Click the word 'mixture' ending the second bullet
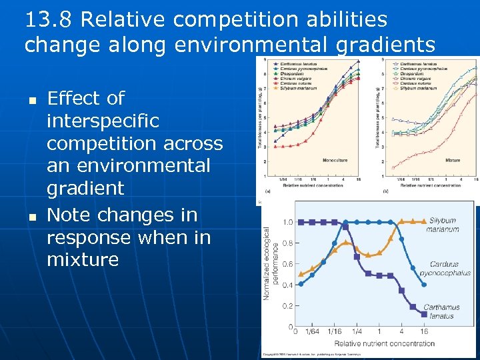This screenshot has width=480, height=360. [83, 259]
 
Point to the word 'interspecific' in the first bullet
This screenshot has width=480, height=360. [103, 121]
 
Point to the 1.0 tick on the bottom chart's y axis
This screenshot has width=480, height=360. [287, 222]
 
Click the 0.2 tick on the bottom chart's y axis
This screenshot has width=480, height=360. [287, 306]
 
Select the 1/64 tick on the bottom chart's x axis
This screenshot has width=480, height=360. [312, 331]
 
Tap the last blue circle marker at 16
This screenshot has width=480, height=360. [425, 283]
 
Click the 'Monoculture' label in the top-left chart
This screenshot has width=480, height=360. [335, 161]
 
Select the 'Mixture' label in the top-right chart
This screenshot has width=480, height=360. [453, 161]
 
